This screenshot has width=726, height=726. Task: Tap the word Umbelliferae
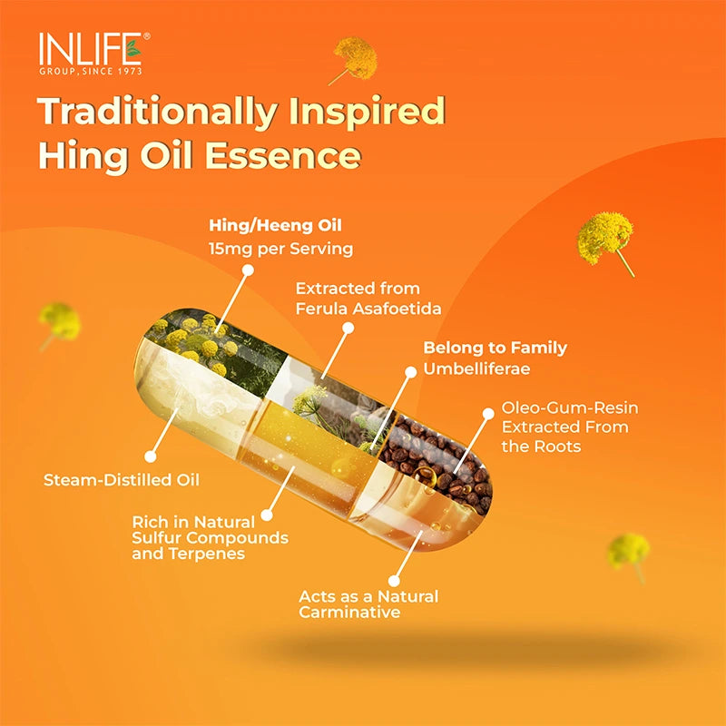(x=480, y=369)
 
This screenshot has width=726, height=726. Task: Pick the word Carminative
(x=349, y=613)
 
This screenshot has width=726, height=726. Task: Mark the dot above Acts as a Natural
(x=394, y=578)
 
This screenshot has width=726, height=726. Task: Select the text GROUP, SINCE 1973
(x=90, y=70)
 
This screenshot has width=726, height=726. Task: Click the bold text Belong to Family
(x=495, y=348)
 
